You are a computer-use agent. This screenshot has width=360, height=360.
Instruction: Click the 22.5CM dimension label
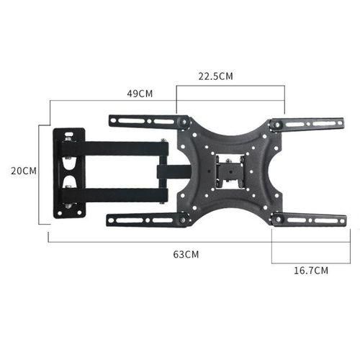[216, 76]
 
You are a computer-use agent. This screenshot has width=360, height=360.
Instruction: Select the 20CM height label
[23, 171]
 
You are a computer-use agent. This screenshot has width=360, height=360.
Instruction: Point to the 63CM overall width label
[186, 254]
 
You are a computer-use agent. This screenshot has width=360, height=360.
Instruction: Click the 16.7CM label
[311, 271]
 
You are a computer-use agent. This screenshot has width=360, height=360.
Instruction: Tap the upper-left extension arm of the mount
[144, 121]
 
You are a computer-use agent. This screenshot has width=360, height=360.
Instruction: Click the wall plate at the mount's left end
[70, 173]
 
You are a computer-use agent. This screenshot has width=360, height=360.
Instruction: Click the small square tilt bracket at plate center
[230, 171]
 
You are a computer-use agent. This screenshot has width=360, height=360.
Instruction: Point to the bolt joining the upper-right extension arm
[274, 125]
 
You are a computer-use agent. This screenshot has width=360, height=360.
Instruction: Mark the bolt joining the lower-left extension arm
[184, 220]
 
